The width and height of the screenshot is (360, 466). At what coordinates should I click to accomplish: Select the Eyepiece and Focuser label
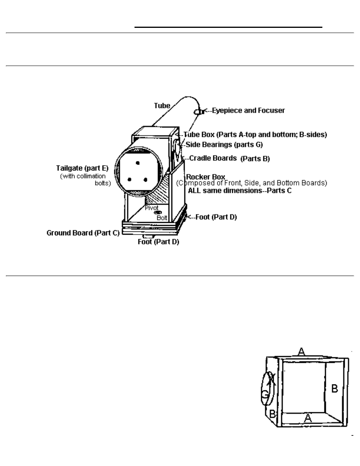click(248, 111)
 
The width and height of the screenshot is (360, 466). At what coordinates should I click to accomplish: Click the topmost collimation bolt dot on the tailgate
click(137, 163)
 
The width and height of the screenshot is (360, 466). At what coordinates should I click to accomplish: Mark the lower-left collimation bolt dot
click(129, 180)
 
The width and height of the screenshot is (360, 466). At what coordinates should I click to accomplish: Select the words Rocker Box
click(206, 177)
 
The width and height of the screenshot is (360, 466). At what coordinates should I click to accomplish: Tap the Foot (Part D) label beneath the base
click(158, 242)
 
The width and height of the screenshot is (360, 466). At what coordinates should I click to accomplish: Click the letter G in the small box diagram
click(265, 395)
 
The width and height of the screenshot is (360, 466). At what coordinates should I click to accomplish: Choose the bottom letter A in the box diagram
click(308, 419)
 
